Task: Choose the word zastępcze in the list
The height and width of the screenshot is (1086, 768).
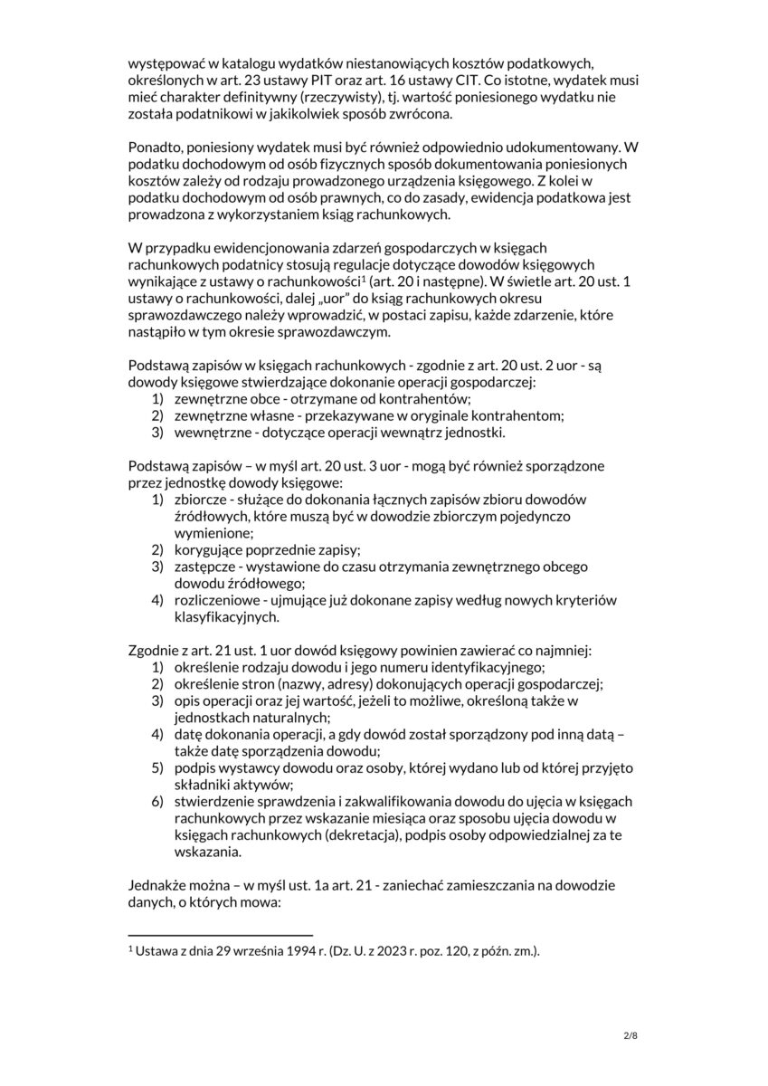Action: (205, 567)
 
